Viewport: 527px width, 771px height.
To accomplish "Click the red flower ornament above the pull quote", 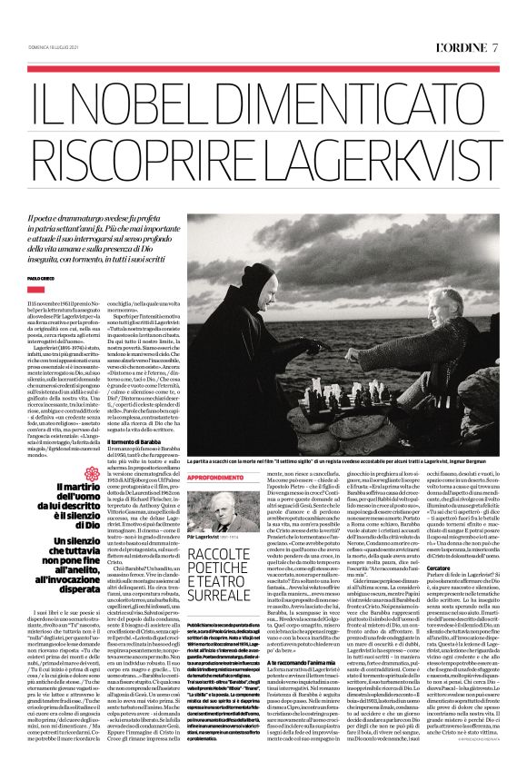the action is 87,473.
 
